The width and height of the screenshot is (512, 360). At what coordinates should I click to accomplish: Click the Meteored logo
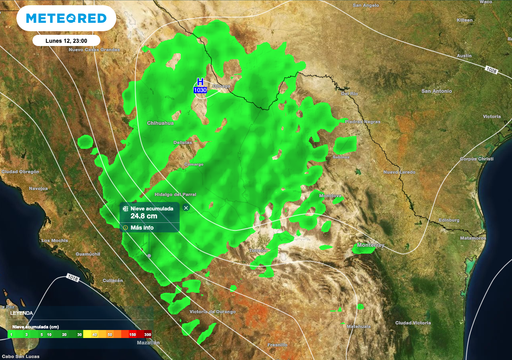pyautogui.click(x=66, y=18)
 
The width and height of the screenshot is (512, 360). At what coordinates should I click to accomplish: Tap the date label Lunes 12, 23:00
pyautogui.click(x=66, y=41)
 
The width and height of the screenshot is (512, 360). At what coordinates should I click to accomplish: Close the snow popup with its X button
pyautogui.click(x=185, y=207)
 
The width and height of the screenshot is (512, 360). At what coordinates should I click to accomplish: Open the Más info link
pyautogui.click(x=141, y=227)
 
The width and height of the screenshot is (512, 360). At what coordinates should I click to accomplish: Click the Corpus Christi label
pyautogui.click(x=482, y=158)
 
